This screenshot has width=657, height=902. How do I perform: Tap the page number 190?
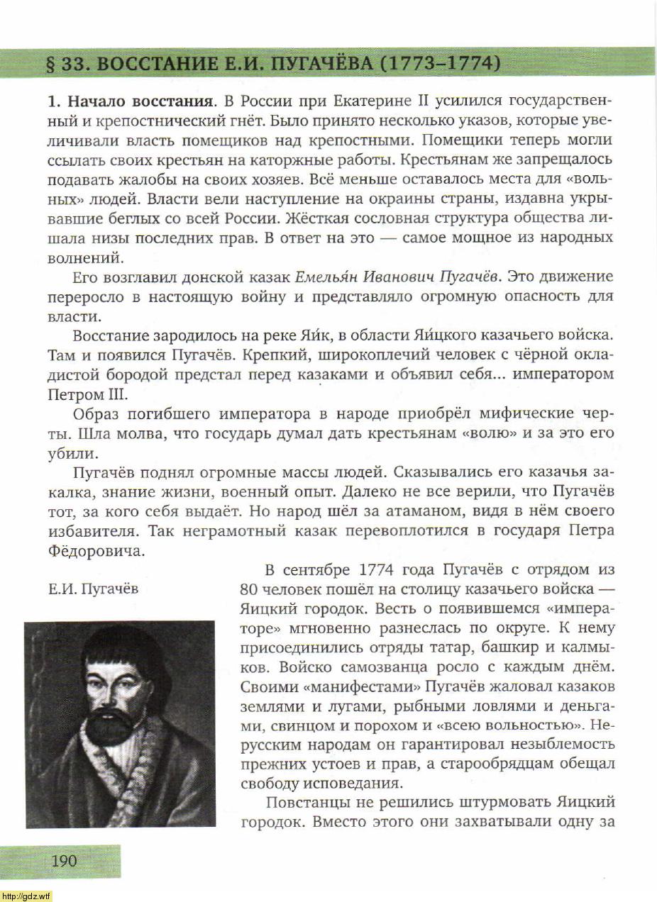(63, 861)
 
